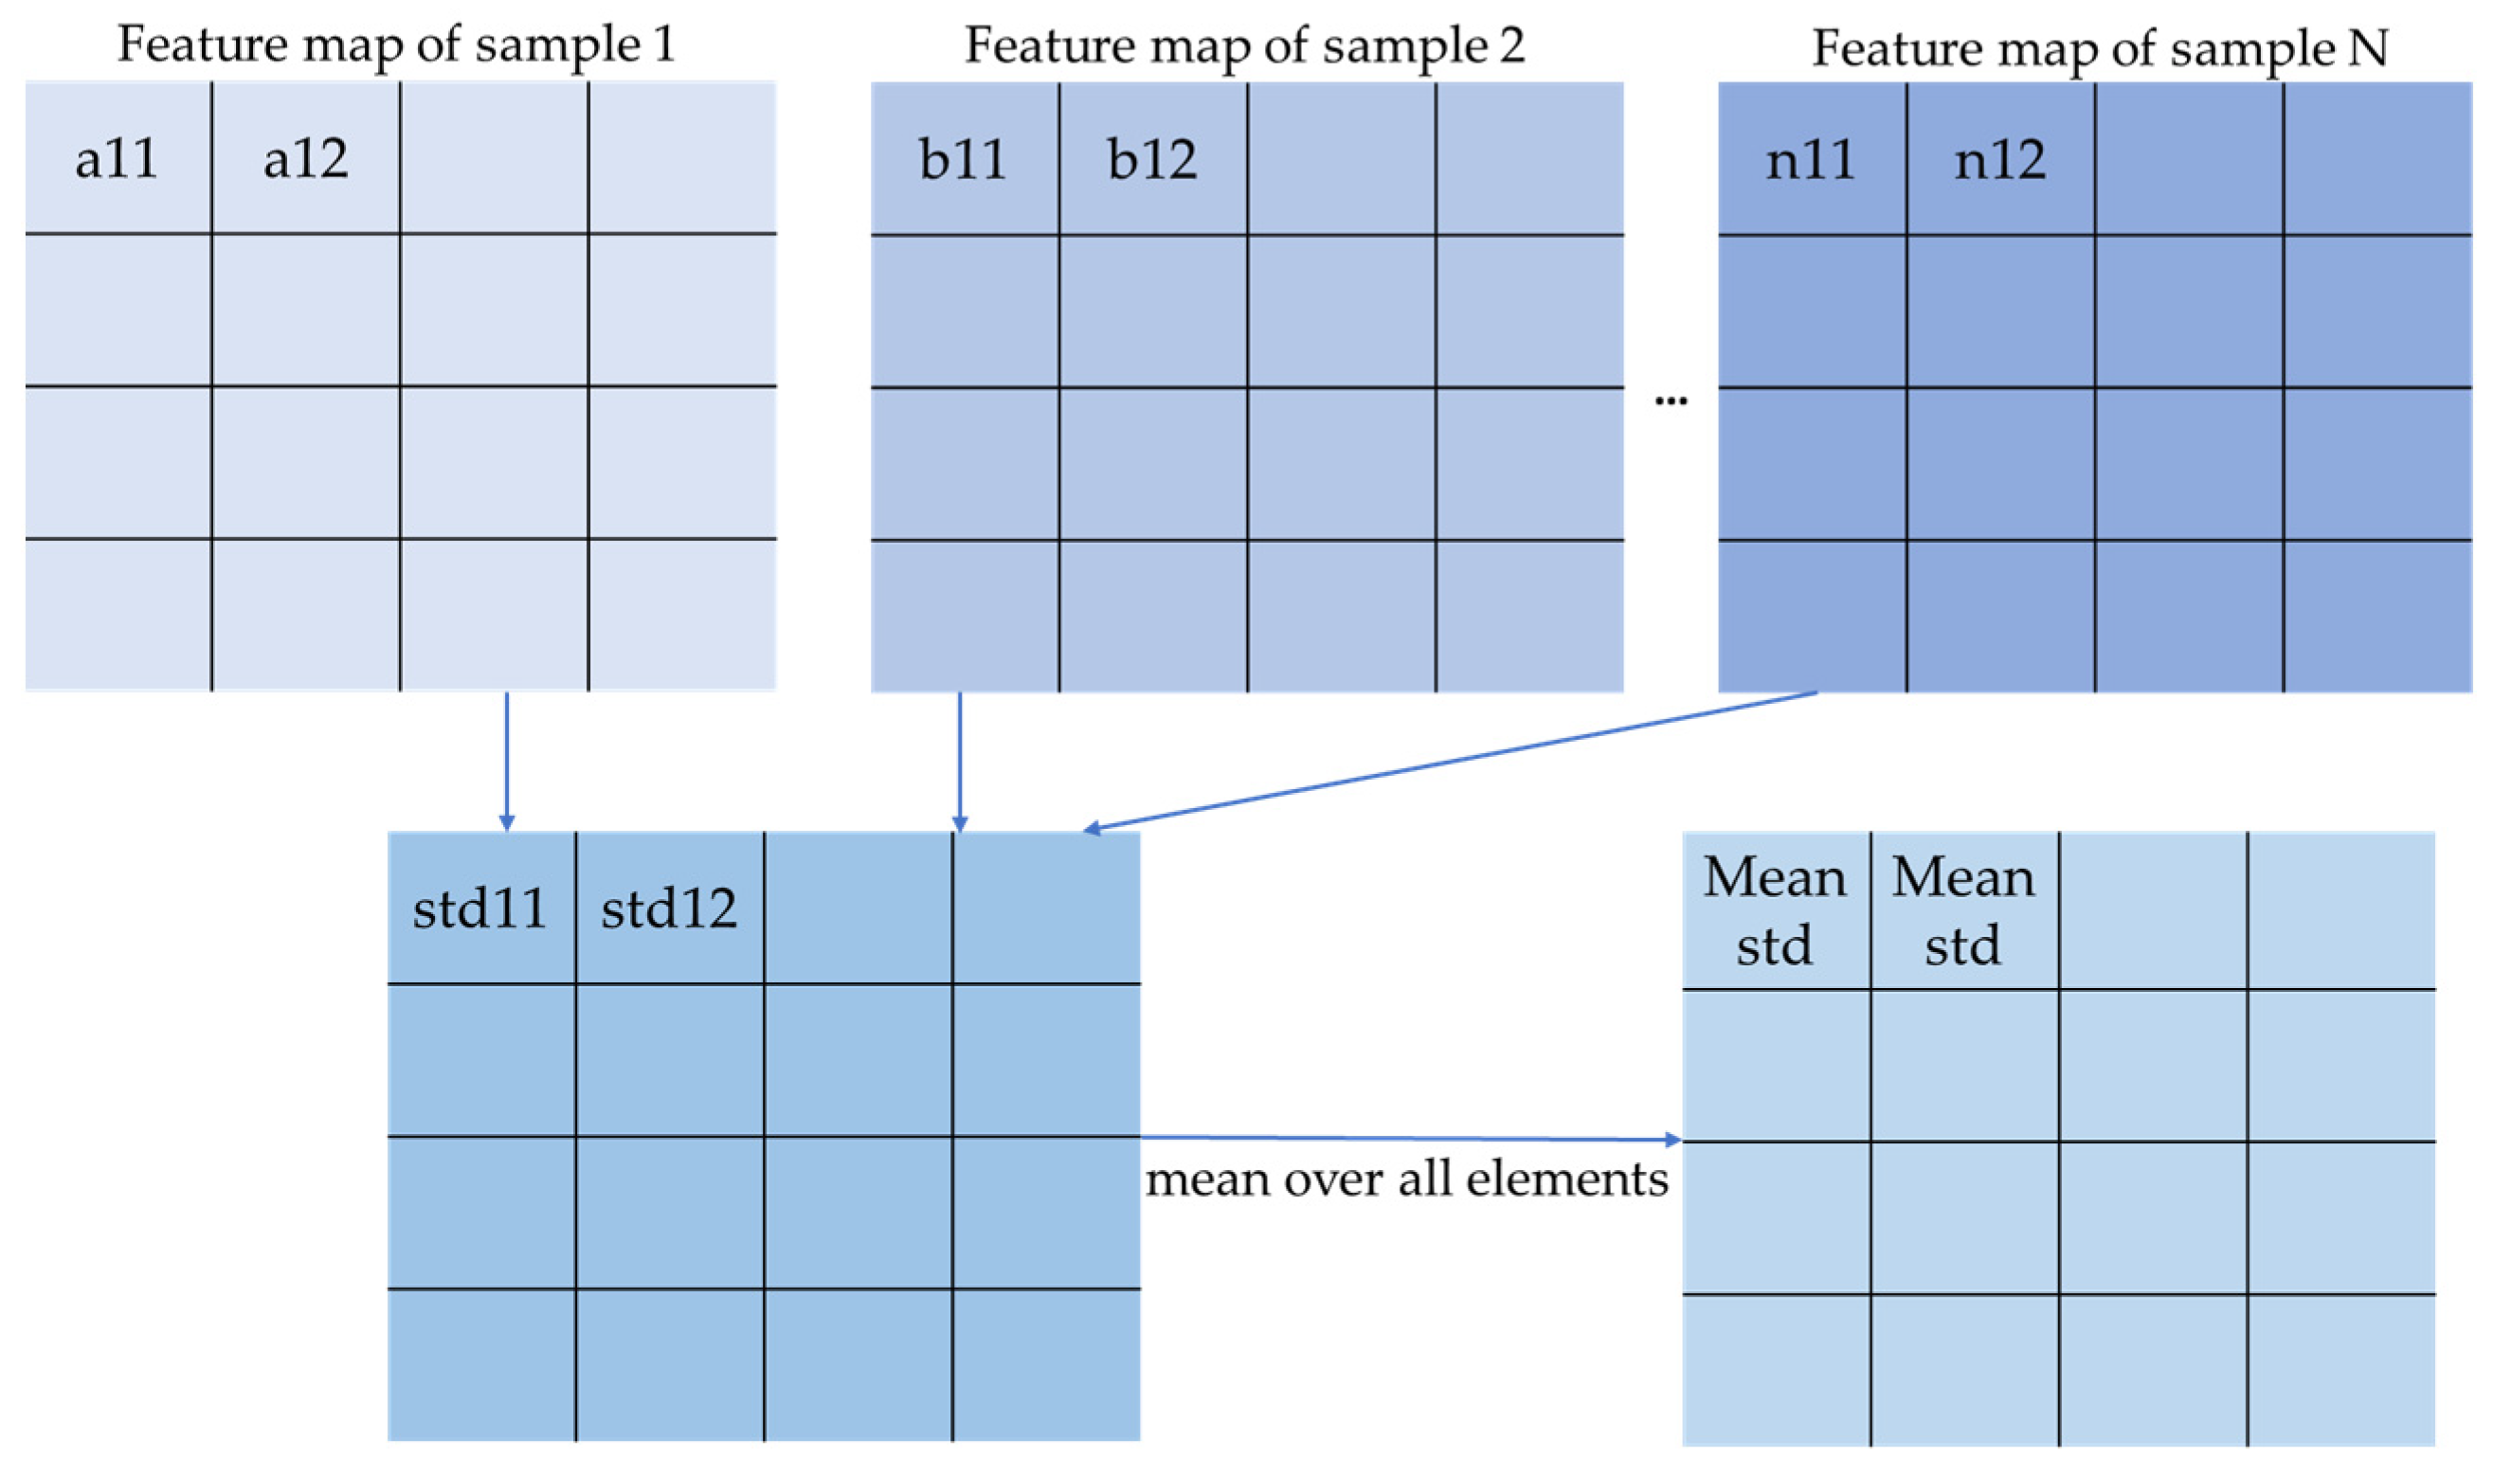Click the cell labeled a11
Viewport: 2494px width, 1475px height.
coord(117,158)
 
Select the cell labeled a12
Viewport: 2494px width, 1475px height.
coord(305,158)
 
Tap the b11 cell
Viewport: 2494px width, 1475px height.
coord(964,159)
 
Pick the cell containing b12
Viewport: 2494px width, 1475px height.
coord(1152,159)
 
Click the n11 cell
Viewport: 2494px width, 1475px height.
coord(1811,159)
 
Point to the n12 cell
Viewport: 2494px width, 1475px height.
coord(2000,159)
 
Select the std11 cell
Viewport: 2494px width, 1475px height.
coord(480,908)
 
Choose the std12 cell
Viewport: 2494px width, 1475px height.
coord(669,908)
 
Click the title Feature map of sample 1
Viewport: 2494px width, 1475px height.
coord(397,45)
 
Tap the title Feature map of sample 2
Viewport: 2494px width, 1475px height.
coord(1244,45)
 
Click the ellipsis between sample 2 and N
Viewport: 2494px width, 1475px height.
coord(1671,401)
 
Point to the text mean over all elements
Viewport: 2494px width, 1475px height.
coord(1406,1179)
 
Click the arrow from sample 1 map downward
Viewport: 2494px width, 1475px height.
coord(507,761)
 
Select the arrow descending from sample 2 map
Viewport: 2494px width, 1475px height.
coord(959,761)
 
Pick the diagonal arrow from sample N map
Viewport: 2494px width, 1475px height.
coord(1452,761)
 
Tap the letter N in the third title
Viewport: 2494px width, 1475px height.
coord(2368,47)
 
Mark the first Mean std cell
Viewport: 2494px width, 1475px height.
coord(1776,910)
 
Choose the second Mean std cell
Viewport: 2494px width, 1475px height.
coord(1963,910)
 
